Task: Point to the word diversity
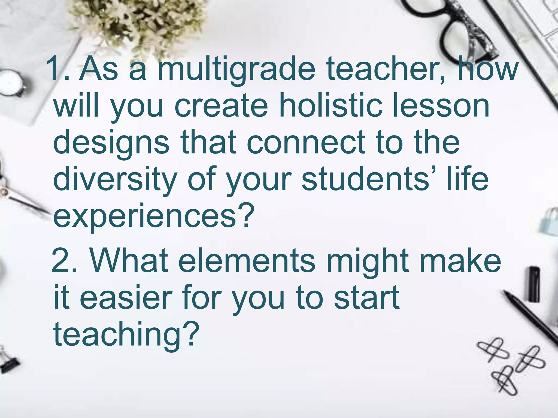click(x=115, y=180)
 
